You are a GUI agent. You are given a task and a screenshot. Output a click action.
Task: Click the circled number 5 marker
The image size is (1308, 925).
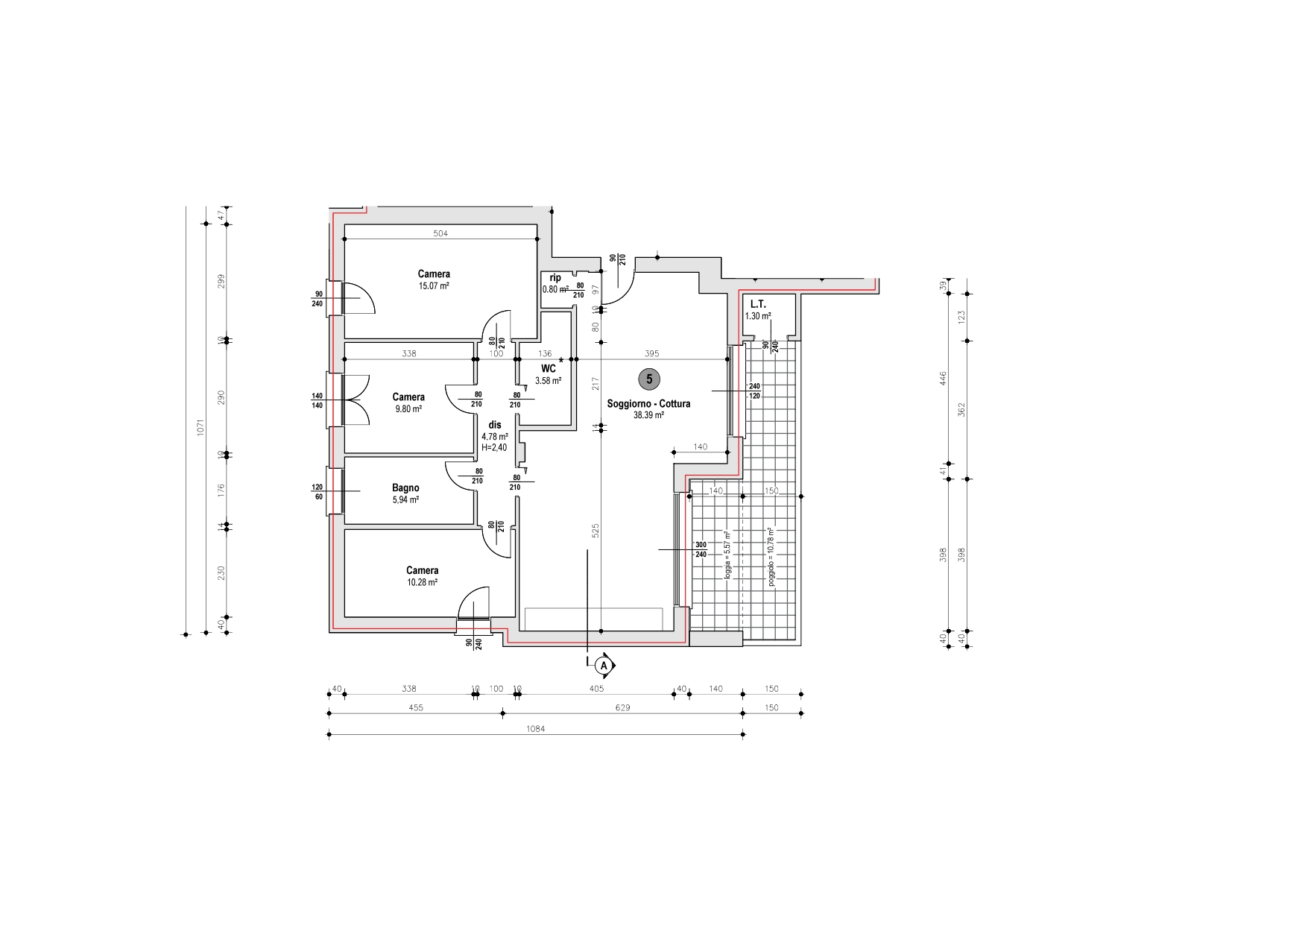(649, 379)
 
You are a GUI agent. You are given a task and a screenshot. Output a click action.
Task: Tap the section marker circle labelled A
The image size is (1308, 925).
(605, 664)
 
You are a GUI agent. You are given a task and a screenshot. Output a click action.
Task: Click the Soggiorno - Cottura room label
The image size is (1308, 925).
(648, 404)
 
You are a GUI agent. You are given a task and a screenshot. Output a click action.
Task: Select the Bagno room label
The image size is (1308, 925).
(405, 488)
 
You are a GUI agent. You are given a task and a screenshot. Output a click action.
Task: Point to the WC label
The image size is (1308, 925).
(549, 369)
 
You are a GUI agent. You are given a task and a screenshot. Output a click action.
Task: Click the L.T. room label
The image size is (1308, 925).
(759, 304)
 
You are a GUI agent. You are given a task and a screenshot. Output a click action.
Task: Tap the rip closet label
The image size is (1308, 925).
(555, 278)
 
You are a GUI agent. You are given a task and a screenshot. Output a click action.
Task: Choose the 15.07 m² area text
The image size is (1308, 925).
(434, 285)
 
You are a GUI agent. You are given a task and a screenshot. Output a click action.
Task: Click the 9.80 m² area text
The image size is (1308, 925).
(408, 409)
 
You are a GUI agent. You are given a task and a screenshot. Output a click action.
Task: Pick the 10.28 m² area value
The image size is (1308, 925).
(422, 582)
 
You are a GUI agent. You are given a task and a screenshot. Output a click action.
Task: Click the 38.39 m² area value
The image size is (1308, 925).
(648, 416)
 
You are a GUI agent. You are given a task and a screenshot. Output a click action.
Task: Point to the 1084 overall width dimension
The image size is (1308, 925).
(535, 729)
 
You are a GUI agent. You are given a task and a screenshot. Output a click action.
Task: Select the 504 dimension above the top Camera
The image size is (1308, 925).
(440, 233)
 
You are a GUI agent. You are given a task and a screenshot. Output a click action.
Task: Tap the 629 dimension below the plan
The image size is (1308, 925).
(622, 707)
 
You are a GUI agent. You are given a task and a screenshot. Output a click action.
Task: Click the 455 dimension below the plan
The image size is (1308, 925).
(416, 707)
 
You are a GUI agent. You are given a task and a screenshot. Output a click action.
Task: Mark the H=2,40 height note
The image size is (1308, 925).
(494, 448)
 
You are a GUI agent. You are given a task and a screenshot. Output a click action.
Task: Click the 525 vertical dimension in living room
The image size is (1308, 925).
(595, 531)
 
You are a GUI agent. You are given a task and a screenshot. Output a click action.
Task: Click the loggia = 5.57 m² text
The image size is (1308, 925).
(727, 555)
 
